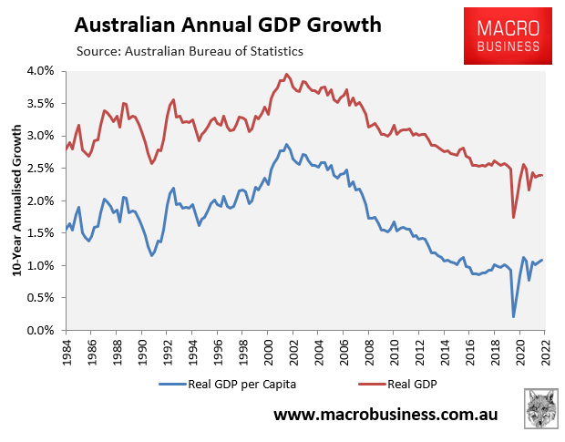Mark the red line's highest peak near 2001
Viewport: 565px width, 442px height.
point(286,75)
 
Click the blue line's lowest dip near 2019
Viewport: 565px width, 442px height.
point(513,317)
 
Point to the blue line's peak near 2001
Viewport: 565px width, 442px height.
point(286,144)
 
